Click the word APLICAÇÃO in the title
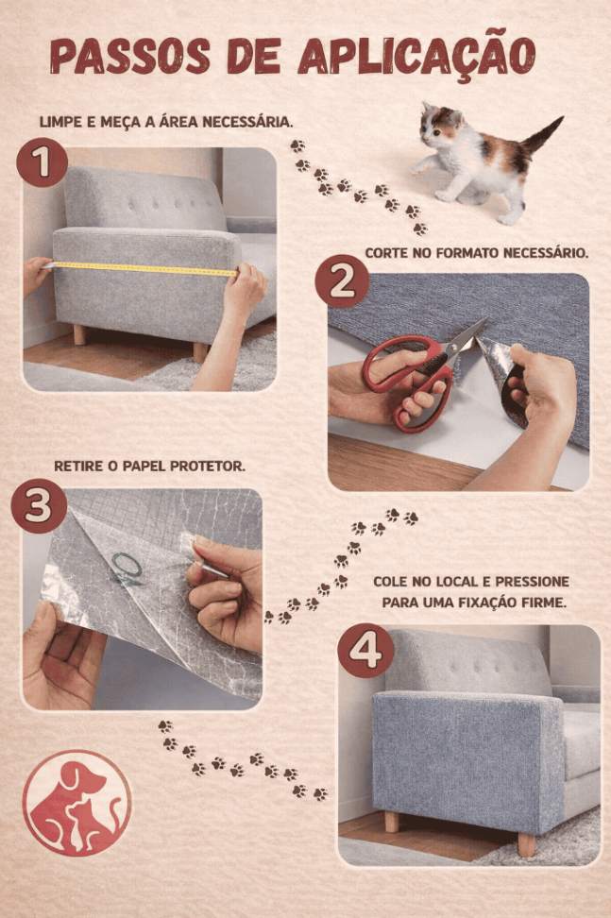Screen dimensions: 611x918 [416, 56]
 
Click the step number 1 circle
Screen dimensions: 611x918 [42, 162]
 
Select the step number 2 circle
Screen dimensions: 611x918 [343, 284]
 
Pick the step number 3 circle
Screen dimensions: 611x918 [38, 506]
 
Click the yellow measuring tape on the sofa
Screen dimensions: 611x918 [141, 268]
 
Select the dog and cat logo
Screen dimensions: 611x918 [77, 803]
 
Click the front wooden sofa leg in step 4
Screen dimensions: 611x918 [526, 842]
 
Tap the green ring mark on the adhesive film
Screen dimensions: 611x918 [127, 565]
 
